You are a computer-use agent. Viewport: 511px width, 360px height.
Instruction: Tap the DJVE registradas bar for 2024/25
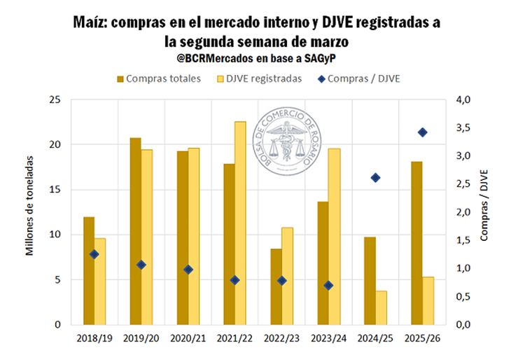click(381, 307)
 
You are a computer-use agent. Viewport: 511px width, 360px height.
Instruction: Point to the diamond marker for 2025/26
click(422, 132)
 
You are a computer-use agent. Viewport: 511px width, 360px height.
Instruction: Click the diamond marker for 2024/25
click(375, 178)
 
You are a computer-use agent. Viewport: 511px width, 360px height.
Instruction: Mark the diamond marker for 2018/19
click(94, 254)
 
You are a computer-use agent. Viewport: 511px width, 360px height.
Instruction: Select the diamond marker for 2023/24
click(328, 285)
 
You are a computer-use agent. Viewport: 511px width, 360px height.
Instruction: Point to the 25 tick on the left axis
click(54, 99)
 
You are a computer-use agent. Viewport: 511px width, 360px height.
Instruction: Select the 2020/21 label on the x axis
click(188, 338)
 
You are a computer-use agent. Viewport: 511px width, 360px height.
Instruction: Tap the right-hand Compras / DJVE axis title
click(484, 205)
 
